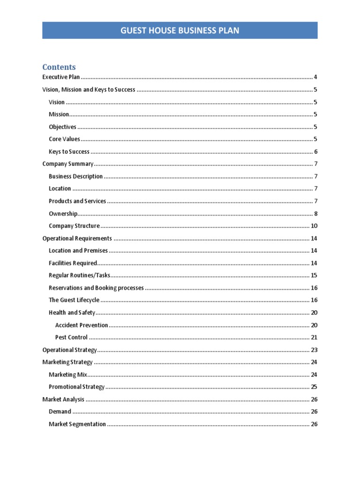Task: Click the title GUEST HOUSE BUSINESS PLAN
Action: pos(180,31)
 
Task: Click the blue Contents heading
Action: pos(59,67)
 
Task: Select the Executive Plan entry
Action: pos(61,77)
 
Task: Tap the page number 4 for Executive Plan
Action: pos(316,77)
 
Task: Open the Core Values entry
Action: pos(64,139)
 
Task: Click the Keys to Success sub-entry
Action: pos(69,152)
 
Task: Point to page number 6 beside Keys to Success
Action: pos(316,152)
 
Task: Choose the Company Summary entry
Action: pos(68,164)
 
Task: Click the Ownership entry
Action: pos(63,214)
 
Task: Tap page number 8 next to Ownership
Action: pos(316,214)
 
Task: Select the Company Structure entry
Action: pos(74,226)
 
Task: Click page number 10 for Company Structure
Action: pos(314,226)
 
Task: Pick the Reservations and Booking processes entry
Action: pos(96,288)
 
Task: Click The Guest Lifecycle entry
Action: pos(74,300)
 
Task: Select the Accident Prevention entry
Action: pos(82,325)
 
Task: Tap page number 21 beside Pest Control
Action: pos(314,337)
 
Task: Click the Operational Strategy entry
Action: pos(69,350)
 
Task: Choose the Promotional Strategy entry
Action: pos(76,387)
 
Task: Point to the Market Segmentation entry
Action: pos(77,424)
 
